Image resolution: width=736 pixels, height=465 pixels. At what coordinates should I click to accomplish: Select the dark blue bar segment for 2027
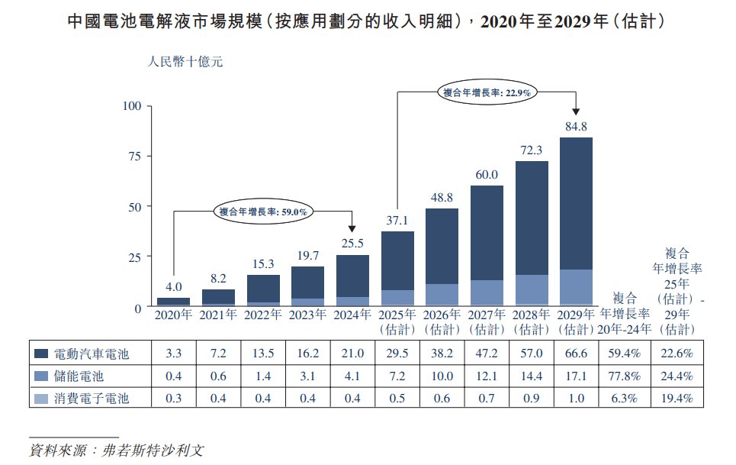pyautogui.click(x=487, y=233)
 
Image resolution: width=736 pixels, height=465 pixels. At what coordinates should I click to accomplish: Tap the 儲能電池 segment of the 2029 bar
pyautogui.click(x=576, y=288)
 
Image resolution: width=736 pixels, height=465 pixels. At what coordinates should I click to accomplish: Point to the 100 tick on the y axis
pyautogui.click(x=132, y=105)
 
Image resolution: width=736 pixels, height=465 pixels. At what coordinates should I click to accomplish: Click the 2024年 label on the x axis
pyautogui.click(x=353, y=315)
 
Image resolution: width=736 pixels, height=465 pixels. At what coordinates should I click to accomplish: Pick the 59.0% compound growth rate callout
pyautogui.click(x=263, y=212)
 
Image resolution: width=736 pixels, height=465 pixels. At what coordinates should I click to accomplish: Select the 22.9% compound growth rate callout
pyautogui.click(x=487, y=92)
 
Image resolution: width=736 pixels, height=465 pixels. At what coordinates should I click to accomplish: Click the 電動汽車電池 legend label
pyautogui.click(x=92, y=354)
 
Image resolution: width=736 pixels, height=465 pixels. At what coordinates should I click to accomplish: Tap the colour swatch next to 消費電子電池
pyautogui.click(x=43, y=399)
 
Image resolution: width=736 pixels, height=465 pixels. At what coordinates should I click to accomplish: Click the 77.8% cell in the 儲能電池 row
pyautogui.click(x=625, y=376)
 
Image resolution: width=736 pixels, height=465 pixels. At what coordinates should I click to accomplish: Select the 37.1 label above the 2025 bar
pyautogui.click(x=397, y=221)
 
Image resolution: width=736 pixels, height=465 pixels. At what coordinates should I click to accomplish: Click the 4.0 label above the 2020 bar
pyautogui.click(x=174, y=288)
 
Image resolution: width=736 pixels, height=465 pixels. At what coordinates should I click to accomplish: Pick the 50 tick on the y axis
pyautogui.click(x=134, y=206)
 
